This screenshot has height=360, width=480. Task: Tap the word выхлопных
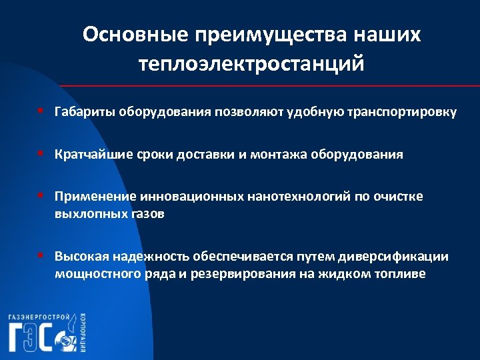pyautogui.click(x=86, y=214)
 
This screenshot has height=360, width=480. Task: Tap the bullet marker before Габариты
pyautogui.click(x=41, y=112)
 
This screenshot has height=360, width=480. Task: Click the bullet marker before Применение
pyautogui.click(x=41, y=197)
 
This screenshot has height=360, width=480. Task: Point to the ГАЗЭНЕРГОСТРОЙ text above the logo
pyautogui.click(x=39, y=317)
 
